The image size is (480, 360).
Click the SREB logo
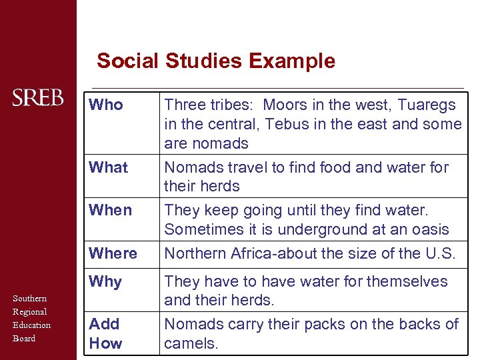coord(38,98)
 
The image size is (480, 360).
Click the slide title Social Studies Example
coord(215,61)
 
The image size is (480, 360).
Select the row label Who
coord(106,105)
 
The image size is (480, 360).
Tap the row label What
coord(109,167)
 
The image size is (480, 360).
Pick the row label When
coord(110,210)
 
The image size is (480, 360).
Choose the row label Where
coord(113,253)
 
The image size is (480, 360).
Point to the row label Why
coord(105,281)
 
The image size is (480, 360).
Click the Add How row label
coord(105,333)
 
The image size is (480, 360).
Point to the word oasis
coord(429,229)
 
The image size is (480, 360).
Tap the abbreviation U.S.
coord(440,253)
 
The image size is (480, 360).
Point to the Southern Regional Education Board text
coord(31,318)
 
